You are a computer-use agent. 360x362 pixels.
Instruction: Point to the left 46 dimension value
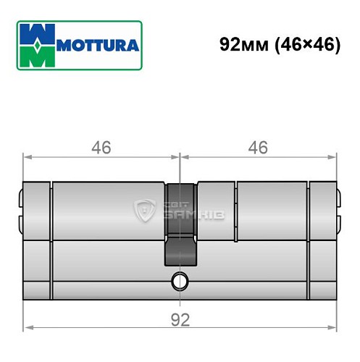pyautogui.click(x=101, y=148)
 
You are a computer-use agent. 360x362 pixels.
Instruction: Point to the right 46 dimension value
pyautogui.click(x=257, y=148)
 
